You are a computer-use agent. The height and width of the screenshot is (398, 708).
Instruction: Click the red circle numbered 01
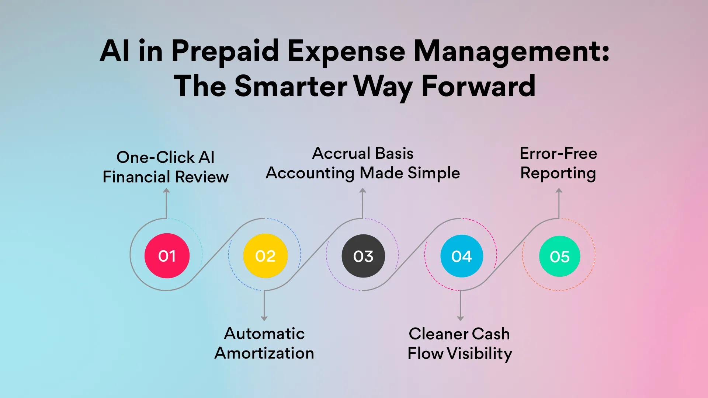167,256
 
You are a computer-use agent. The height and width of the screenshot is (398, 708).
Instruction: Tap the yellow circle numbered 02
265,256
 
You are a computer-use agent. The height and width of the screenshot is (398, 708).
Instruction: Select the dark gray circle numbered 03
363,256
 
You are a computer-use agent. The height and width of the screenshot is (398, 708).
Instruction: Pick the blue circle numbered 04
462,256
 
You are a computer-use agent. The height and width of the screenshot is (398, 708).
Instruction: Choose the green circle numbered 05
559,256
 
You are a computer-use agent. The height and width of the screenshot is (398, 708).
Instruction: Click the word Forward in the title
478,86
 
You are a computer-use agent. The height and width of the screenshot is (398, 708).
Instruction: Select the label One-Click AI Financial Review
166,167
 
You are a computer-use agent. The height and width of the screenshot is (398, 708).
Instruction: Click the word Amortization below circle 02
264,353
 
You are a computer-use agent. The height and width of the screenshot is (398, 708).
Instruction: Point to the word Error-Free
558,153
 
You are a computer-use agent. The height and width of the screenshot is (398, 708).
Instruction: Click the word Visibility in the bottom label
479,354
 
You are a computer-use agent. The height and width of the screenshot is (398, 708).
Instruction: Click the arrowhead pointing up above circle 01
167,191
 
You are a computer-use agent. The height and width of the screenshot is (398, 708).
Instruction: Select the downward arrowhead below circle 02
264,318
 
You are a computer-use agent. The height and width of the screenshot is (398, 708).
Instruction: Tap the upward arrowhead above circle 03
363,191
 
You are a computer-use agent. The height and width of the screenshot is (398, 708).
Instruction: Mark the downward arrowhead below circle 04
460,318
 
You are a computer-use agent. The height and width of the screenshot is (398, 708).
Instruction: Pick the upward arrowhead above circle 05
559,191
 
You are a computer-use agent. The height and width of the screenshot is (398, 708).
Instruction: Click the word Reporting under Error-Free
558,173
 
